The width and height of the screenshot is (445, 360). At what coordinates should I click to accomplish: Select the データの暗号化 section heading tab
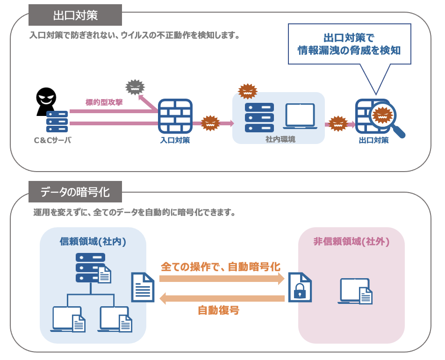click(x=75, y=192)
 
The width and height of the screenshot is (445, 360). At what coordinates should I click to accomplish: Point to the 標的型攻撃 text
click(x=104, y=102)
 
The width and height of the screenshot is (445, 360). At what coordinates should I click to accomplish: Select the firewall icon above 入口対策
click(x=175, y=115)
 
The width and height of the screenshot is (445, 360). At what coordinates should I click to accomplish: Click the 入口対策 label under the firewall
click(x=175, y=140)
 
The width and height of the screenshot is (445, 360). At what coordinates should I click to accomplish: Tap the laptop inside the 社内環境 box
click(x=300, y=116)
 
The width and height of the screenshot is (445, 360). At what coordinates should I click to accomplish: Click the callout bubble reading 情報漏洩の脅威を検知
click(x=349, y=44)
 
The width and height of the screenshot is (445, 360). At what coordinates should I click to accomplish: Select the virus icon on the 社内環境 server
click(x=248, y=91)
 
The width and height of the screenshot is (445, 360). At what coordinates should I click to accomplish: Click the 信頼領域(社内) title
click(x=93, y=241)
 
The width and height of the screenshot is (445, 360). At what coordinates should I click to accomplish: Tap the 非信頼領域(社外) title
click(x=352, y=241)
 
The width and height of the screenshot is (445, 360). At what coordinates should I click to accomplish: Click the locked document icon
click(x=300, y=287)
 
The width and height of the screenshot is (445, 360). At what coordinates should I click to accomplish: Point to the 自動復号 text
click(x=218, y=310)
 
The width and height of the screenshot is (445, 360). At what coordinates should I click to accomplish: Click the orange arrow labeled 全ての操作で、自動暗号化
click(x=222, y=279)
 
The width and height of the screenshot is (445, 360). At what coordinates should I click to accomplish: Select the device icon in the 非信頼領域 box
click(x=355, y=291)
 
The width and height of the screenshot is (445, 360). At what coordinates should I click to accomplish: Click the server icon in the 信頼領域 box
click(x=91, y=267)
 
